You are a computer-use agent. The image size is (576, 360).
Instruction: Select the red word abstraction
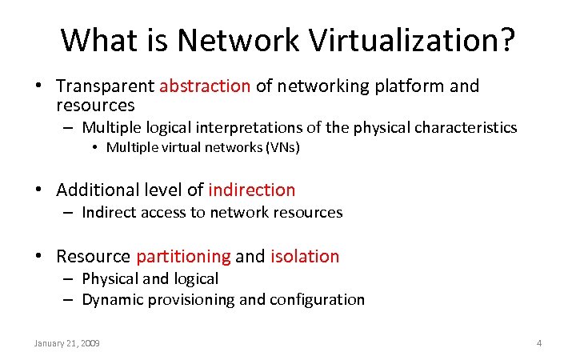[x=206, y=86]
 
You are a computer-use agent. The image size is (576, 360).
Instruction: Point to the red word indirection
[x=251, y=190]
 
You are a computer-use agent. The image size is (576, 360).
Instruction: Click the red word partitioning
[x=183, y=256]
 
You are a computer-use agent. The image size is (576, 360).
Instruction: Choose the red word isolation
[x=305, y=256]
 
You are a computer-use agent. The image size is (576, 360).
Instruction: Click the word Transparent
[x=106, y=86]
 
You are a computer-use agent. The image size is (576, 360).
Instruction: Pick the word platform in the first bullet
[x=409, y=86]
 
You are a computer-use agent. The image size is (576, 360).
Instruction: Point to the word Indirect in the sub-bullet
[x=108, y=212]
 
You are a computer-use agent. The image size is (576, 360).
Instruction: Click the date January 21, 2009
[x=66, y=343]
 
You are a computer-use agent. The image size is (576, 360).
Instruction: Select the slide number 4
[x=538, y=343]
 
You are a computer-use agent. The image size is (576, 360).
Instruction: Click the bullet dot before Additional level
[x=38, y=190]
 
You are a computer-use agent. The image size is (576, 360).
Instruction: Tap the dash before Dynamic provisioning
[x=68, y=300]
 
